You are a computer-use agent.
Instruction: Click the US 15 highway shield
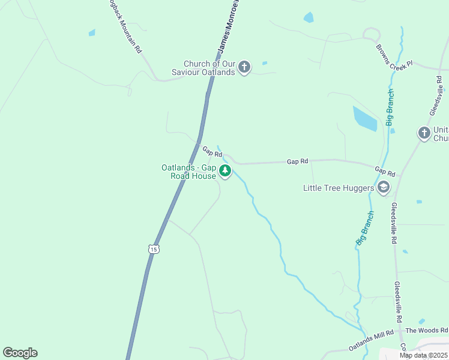click(x=154, y=248)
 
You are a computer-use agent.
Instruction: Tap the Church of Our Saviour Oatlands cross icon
click(x=244, y=67)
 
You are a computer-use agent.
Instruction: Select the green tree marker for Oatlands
click(x=225, y=171)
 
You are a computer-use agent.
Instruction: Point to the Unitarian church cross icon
click(x=424, y=133)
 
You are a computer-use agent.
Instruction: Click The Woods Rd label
click(x=426, y=331)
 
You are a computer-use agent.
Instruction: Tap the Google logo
click(x=20, y=353)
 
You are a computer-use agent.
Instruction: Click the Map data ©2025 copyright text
click(x=423, y=355)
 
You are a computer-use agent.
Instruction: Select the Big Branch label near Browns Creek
click(x=390, y=107)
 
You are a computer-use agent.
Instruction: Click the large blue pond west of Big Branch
click(x=364, y=118)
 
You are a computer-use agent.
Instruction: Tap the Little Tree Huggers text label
click(x=339, y=188)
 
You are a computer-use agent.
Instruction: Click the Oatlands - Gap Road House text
click(x=188, y=172)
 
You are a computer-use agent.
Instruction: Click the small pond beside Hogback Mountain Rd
click(x=92, y=32)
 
